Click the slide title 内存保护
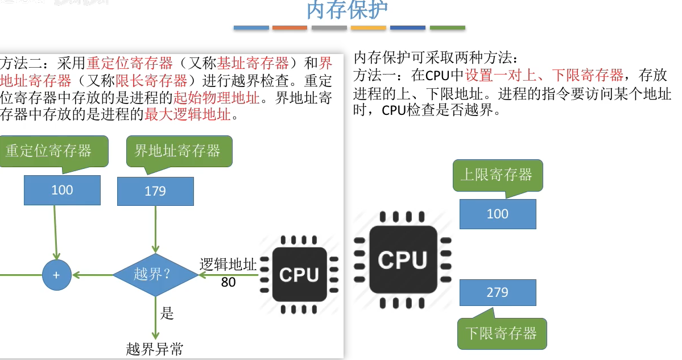(347, 10)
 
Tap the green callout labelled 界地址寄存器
(179, 151)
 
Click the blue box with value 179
(155, 191)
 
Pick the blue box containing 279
(497, 292)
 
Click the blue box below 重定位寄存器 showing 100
(62, 190)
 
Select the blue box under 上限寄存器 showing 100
(497, 214)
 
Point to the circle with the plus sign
(56, 275)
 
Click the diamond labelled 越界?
(155, 275)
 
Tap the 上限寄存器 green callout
(497, 175)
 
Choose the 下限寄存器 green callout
(501, 333)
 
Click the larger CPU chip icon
(403, 260)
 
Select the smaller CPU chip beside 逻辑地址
(299, 275)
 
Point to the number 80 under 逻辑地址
(228, 282)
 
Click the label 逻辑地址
(228, 265)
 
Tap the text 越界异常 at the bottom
(155, 349)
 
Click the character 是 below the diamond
(167, 313)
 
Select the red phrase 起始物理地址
(217, 97)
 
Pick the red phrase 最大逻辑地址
(188, 115)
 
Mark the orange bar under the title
(290, 27)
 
